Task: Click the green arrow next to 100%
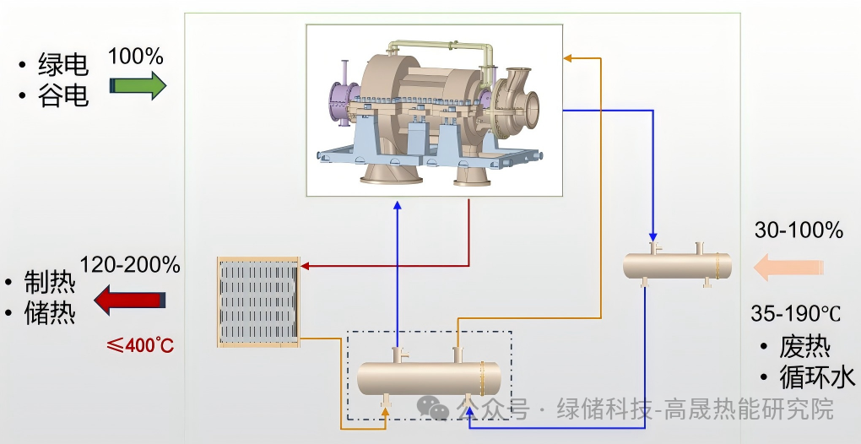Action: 138,85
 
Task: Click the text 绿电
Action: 62,65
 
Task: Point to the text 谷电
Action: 62,96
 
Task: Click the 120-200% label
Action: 130,265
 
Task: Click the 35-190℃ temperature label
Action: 796,313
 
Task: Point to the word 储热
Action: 50,313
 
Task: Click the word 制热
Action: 50,282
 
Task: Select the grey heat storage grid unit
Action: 258,301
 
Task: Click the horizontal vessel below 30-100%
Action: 676,266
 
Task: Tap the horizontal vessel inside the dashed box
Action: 428,378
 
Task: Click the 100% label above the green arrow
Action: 135,57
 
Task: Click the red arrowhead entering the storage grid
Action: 306,267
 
